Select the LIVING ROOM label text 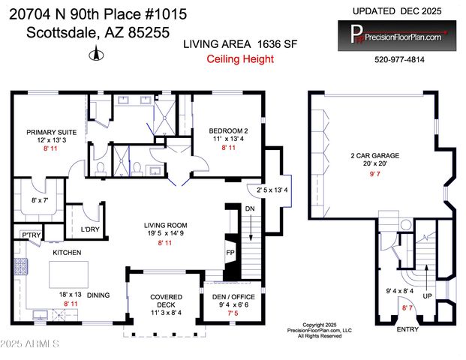pos(166,224)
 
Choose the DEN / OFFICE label pos(233,297)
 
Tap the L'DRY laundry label pos(91,229)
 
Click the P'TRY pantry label pos(31,235)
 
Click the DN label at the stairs pos(250,208)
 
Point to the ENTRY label pos(407,328)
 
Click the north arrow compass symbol pos(95,53)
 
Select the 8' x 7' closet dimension pos(41,200)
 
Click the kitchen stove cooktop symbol pos(21,265)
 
